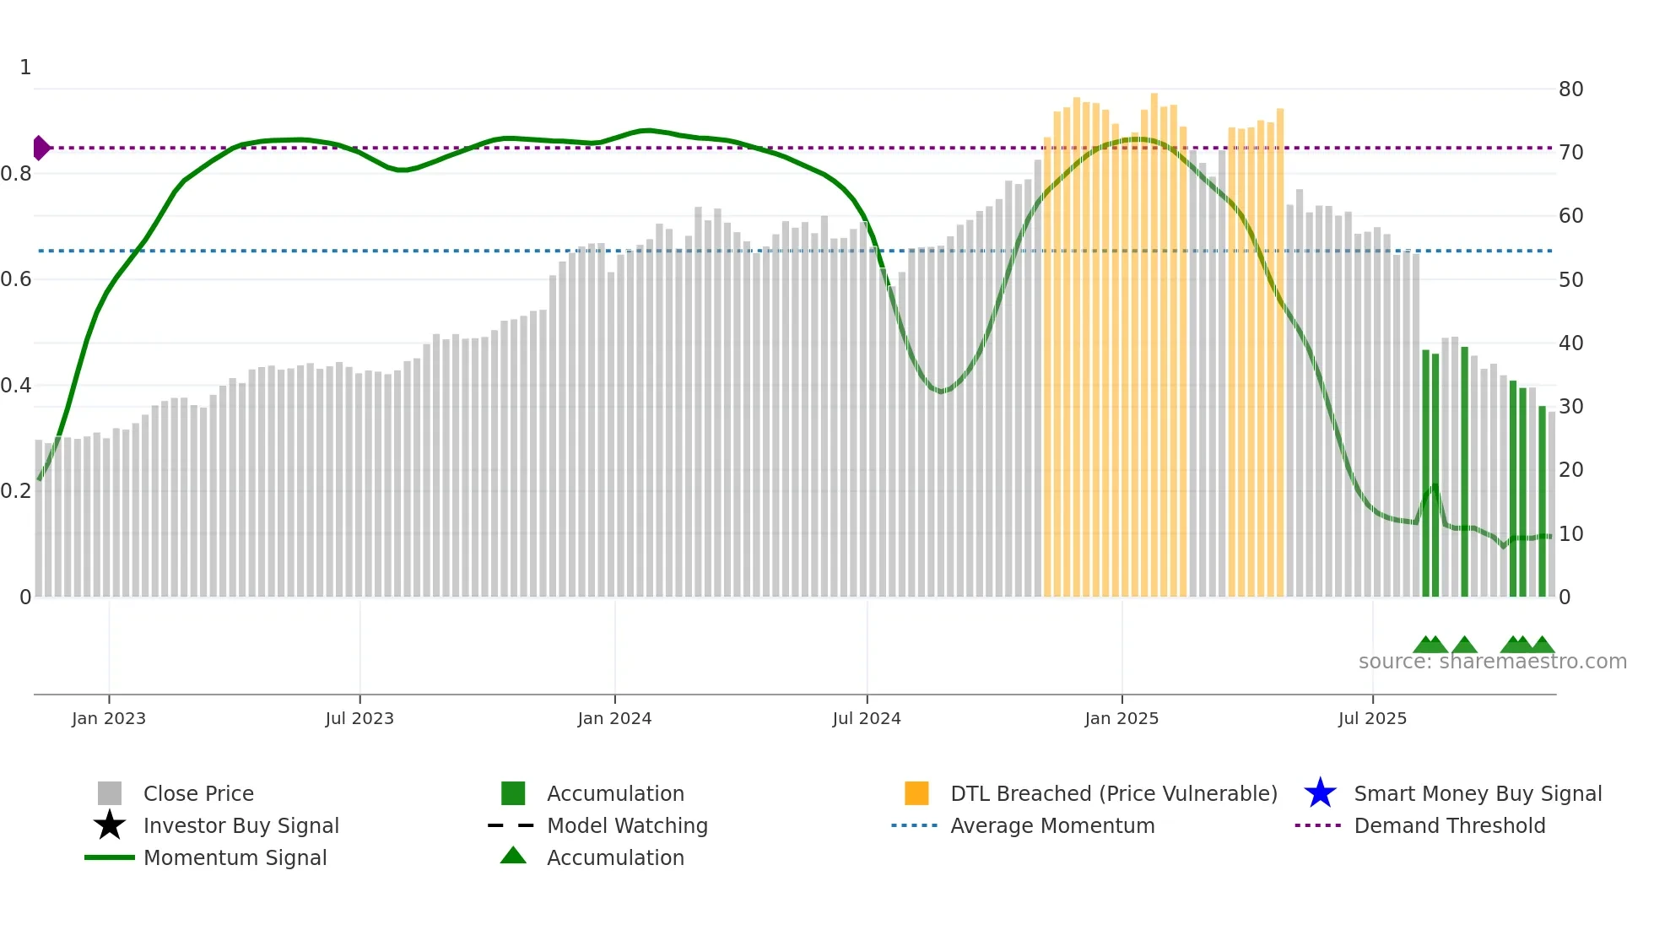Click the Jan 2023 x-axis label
108,718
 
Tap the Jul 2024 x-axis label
867,718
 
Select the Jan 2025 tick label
1122,718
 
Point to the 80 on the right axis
1570,89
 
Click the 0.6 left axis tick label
16,279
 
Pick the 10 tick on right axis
1570,534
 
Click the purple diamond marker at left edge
41,148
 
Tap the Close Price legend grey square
110,793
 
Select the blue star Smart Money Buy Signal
1320,793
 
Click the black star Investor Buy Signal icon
110,825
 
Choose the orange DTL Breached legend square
916,793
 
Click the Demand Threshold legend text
1449,825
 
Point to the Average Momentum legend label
1052,825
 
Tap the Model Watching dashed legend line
511,825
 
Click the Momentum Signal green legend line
110,857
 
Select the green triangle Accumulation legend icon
513,857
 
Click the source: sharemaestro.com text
1492,662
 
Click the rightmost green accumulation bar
1542,502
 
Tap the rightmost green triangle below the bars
1543,646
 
